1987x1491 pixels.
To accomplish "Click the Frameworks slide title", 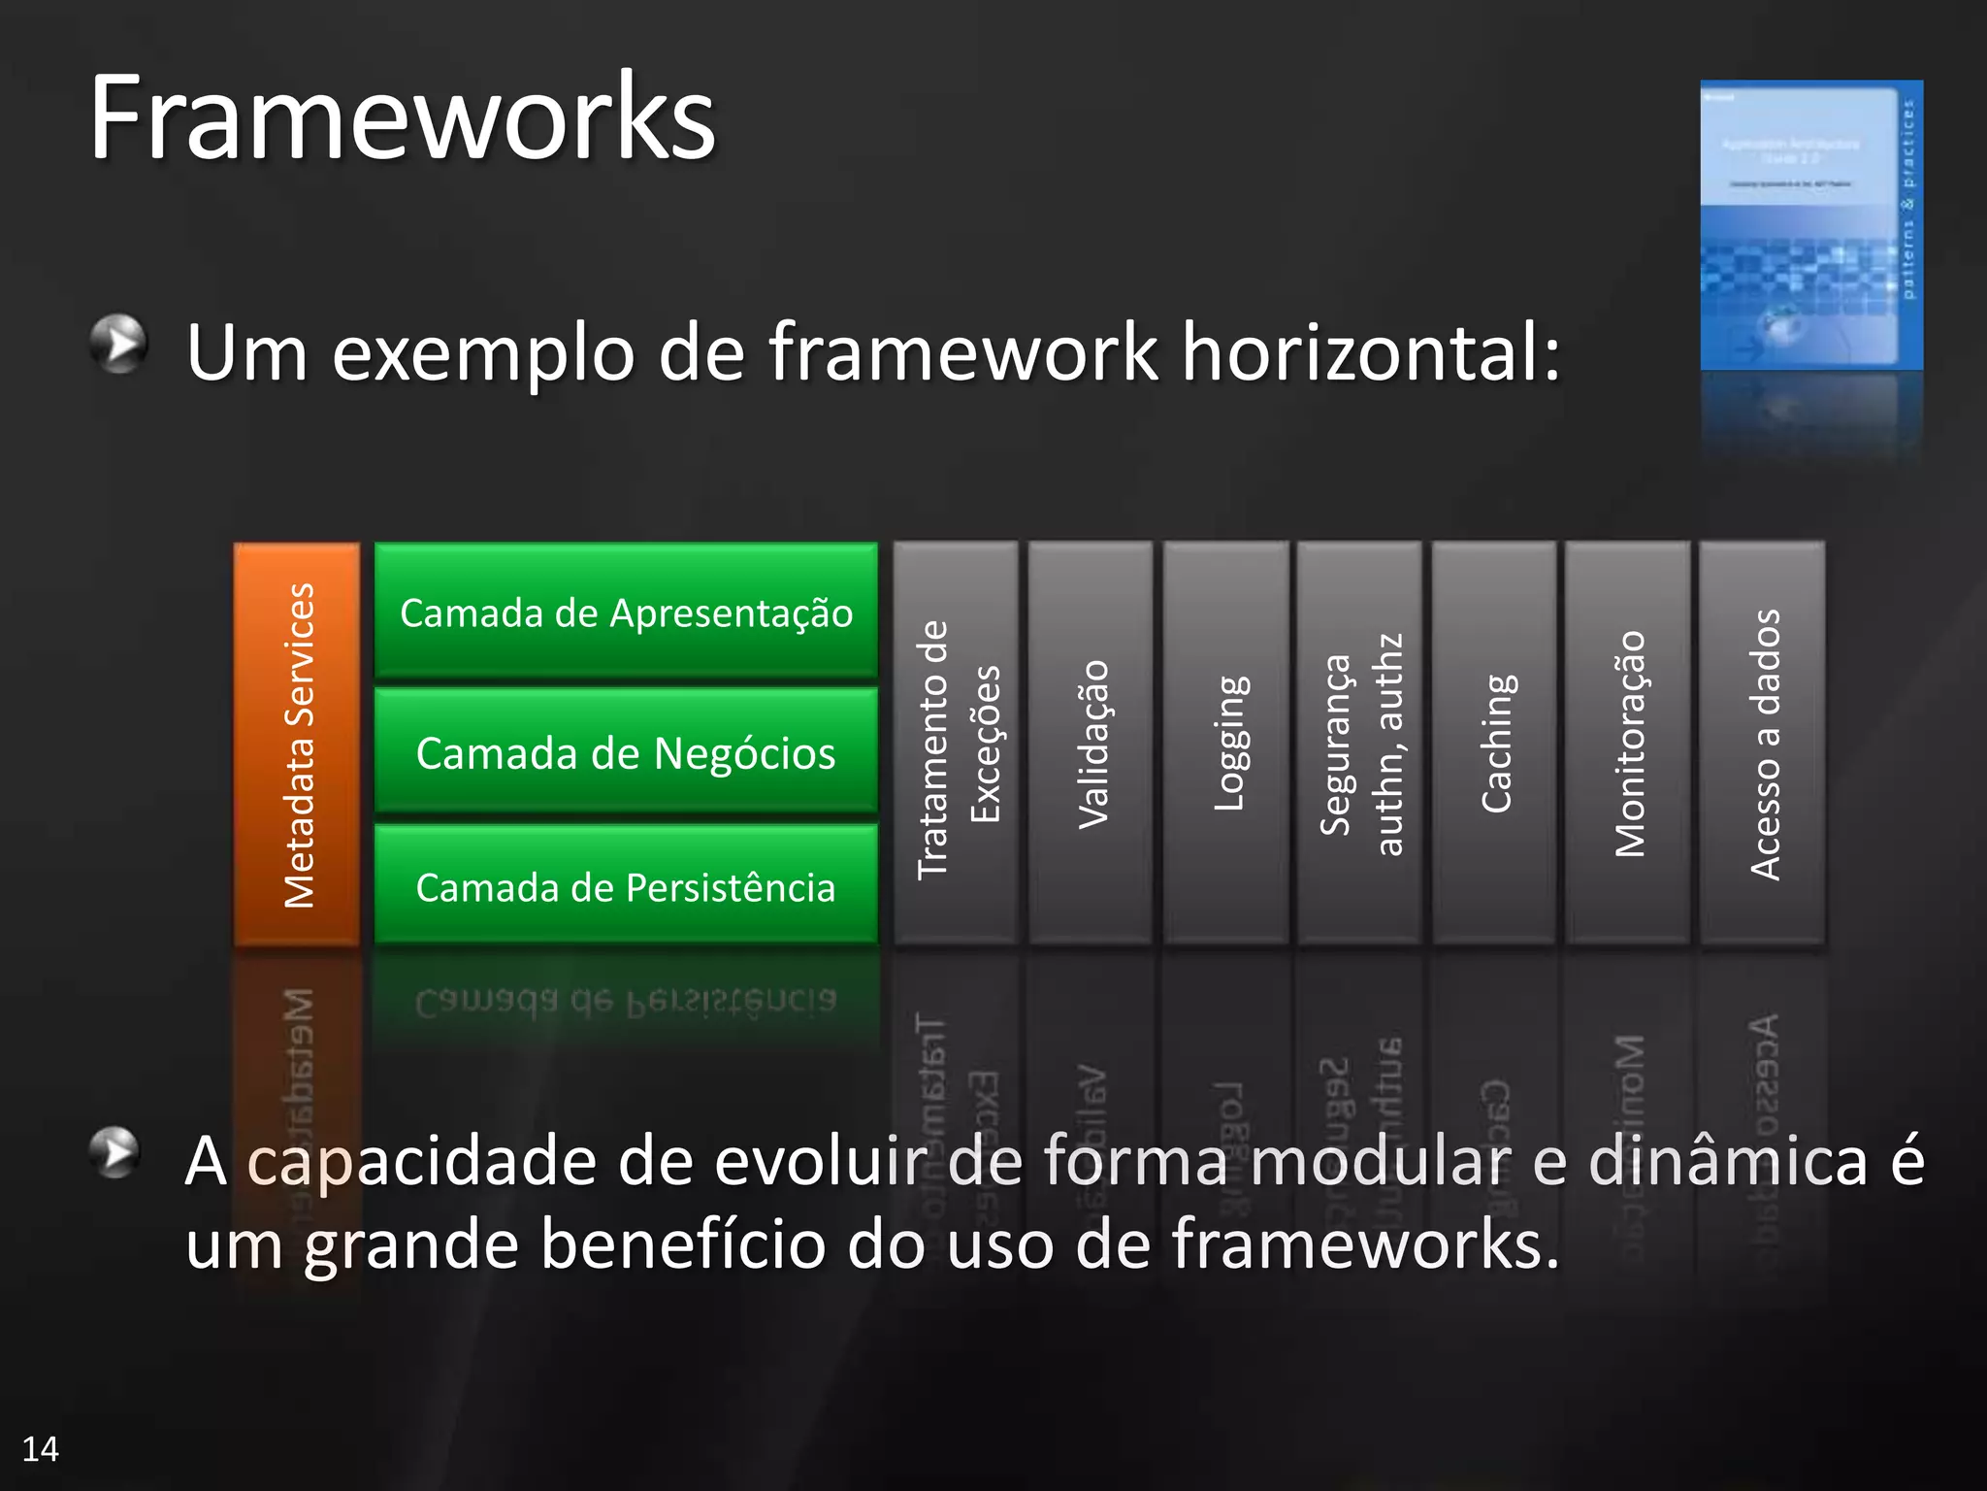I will [x=402, y=118].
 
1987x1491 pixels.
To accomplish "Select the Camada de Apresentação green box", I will [x=626, y=612].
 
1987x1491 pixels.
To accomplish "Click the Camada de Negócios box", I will [x=626, y=751].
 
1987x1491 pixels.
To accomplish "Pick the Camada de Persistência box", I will [x=626, y=885].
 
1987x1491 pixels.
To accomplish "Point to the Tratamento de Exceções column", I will [x=956, y=744].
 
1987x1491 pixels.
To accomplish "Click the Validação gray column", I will [x=1091, y=744].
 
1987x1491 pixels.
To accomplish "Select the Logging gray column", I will [x=1226, y=744].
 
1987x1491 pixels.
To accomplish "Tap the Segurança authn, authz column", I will [x=1359, y=744].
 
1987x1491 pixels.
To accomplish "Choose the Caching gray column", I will [x=1494, y=744].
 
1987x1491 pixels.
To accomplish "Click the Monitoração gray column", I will [x=1628, y=744].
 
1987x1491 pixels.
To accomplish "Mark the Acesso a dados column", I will [x=1763, y=744].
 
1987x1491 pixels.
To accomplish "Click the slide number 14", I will [x=40, y=1448].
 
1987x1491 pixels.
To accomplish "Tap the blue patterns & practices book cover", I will [x=1810, y=225].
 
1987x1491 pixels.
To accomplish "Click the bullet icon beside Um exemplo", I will [x=118, y=343].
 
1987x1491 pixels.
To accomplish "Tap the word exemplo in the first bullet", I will [x=483, y=354].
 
